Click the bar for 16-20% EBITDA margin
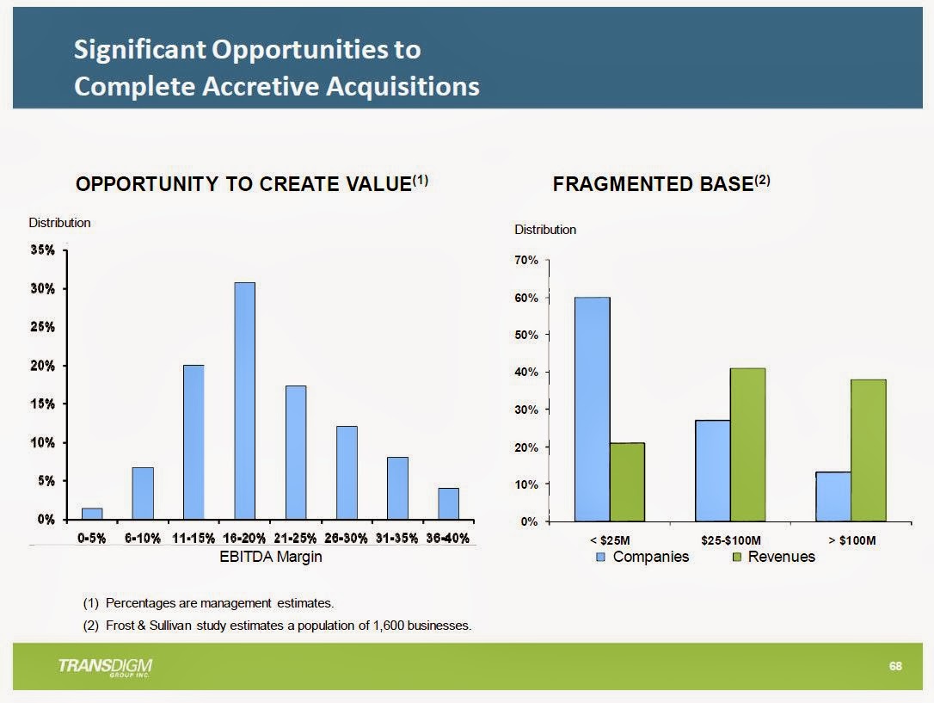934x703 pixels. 245,401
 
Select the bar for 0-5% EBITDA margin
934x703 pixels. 92,514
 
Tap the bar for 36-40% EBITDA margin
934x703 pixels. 448,503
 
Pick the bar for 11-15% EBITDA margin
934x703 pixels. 194,442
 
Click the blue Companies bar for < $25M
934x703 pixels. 593,409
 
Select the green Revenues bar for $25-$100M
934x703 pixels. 747,444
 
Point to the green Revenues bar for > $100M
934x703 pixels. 868,450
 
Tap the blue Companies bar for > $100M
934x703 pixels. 833,496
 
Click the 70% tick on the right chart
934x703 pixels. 526,260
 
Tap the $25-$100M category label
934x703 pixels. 731,540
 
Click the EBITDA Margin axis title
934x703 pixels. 271,557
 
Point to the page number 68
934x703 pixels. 895,667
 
